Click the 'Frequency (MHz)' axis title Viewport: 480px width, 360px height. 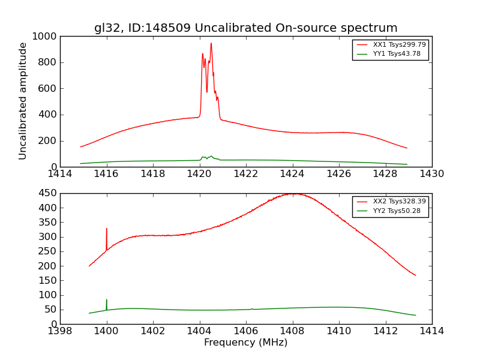(x=245, y=343)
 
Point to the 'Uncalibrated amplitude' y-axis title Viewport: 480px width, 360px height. (x=23, y=101)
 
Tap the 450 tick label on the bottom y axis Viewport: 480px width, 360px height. (x=47, y=193)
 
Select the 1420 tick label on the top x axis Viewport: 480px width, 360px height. (x=199, y=174)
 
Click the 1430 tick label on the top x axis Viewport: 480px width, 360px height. (x=431, y=174)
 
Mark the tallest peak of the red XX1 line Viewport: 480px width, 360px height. (x=211, y=43)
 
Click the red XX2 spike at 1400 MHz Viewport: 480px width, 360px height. (x=107, y=229)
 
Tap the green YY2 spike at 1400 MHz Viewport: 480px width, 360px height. (x=107, y=300)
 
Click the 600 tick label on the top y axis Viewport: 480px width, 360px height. (x=47, y=89)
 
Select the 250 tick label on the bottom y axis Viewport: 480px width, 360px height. (x=47, y=251)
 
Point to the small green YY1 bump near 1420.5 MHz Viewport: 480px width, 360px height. (x=211, y=156)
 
